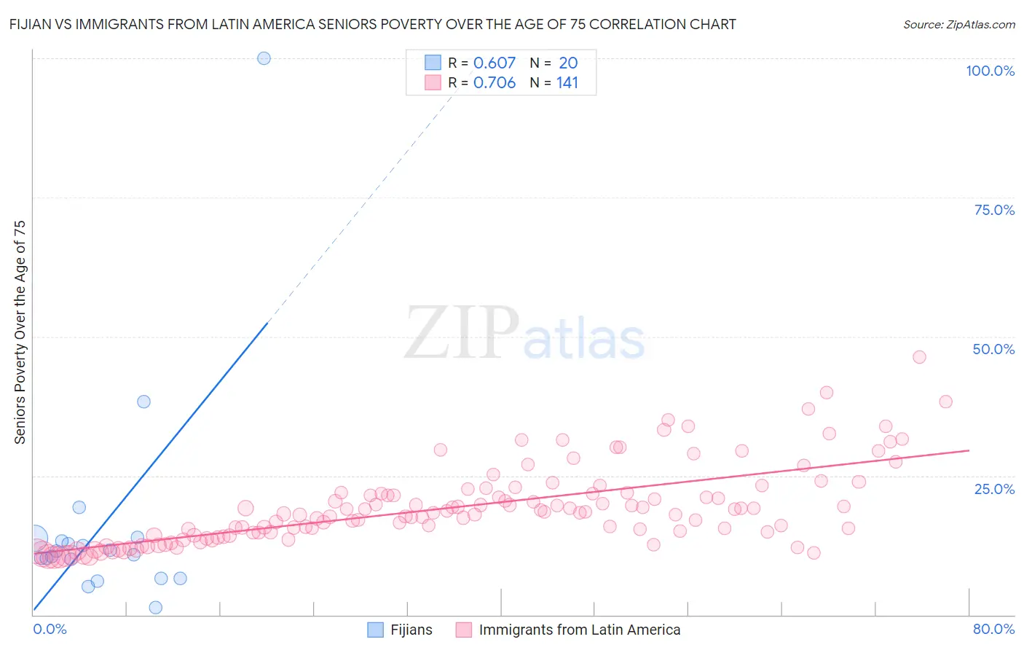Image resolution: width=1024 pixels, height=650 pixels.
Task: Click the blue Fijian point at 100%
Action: (x=264, y=58)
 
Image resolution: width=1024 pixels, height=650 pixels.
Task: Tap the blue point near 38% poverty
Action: (x=143, y=402)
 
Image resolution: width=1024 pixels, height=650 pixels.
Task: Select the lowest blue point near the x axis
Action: (x=155, y=608)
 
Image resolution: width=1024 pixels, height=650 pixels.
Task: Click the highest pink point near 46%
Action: (x=919, y=357)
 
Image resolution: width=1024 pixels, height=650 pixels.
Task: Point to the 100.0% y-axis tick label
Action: (x=990, y=71)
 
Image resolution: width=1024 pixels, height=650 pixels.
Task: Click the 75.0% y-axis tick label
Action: (x=994, y=210)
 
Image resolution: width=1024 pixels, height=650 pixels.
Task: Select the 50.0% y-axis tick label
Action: (x=993, y=349)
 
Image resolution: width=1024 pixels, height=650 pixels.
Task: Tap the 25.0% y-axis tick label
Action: (x=994, y=489)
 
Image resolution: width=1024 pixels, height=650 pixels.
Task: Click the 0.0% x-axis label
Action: (x=50, y=629)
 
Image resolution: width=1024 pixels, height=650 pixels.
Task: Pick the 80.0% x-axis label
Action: (x=993, y=629)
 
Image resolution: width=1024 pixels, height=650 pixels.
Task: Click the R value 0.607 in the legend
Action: (x=494, y=63)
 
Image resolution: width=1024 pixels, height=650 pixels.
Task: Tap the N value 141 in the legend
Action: (x=567, y=83)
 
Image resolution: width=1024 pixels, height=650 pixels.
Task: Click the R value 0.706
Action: (x=494, y=83)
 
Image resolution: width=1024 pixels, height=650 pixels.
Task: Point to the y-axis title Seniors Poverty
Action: (x=20, y=332)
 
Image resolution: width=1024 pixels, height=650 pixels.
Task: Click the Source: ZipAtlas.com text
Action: (x=958, y=24)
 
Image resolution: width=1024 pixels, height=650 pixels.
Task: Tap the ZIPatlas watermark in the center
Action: (x=524, y=334)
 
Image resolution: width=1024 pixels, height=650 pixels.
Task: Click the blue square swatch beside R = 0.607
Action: (x=433, y=63)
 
